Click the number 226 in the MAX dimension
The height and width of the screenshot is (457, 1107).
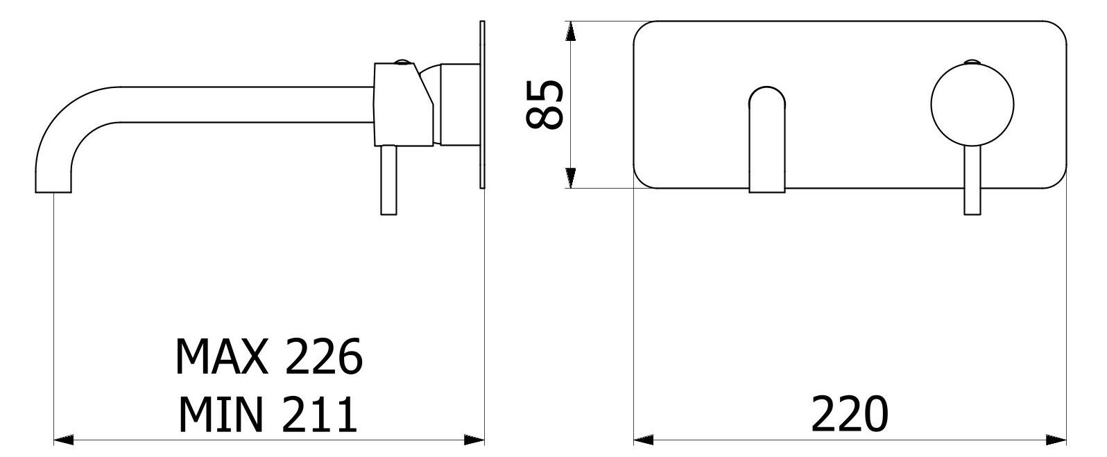(325, 356)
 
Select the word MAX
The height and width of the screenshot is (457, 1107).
(222, 356)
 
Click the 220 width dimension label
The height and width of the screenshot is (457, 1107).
(850, 414)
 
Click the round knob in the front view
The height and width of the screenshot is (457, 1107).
(972, 105)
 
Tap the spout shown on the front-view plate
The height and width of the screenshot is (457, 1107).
(767, 140)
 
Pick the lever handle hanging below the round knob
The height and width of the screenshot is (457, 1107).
(972, 180)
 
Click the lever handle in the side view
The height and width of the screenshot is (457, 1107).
(389, 180)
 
